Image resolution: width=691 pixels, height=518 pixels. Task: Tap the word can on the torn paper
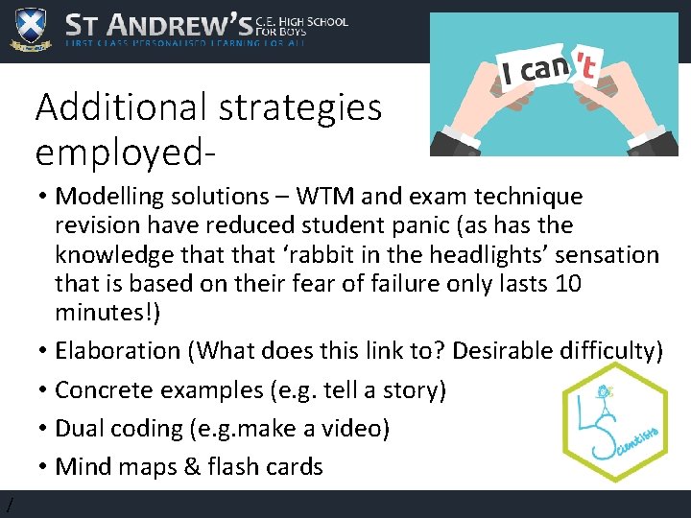pos(542,69)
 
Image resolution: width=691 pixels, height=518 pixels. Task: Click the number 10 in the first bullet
pos(568,284)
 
